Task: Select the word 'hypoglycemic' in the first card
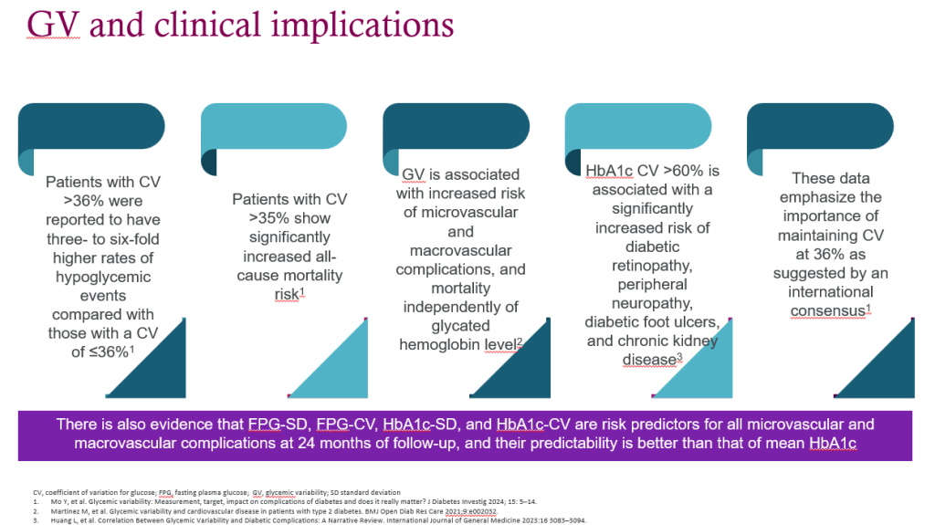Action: (x=103, y=278)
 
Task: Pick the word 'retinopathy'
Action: (x=652, y=266)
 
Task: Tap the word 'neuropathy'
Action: (x=652, y=304)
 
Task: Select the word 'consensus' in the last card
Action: (x=827, y=311)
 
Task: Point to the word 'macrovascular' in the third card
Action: (x=460, y=250)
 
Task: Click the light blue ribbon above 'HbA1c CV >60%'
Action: (x=638, y=127)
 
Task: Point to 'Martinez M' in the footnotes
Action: (x=67, y=511)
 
